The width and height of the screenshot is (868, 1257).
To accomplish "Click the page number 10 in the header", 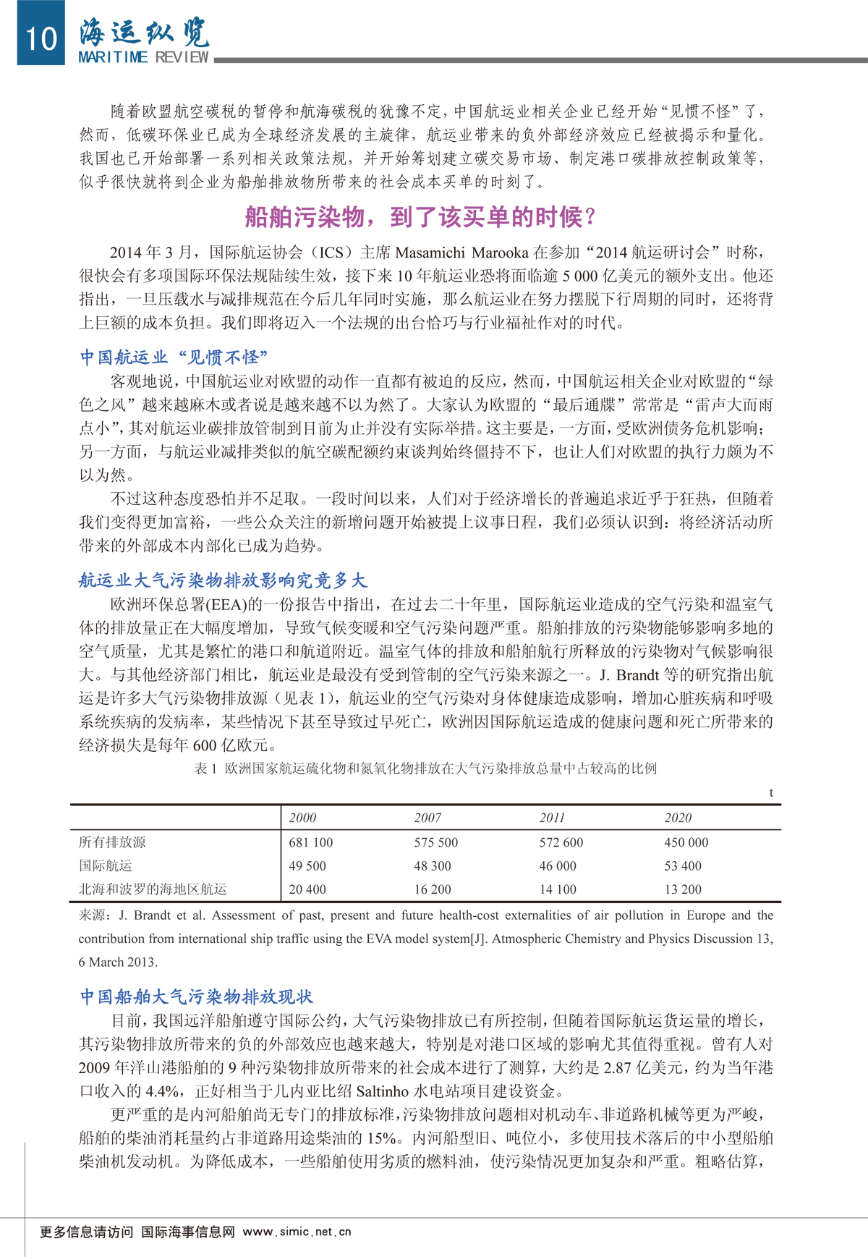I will point(41,37).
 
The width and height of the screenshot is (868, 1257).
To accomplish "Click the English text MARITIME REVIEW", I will point(143,57).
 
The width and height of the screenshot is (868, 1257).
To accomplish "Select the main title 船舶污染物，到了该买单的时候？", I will point(422,216).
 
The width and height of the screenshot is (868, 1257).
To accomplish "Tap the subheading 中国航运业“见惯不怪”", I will point(174,357).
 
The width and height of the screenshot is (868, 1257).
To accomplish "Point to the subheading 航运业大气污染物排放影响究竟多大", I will point(223,580).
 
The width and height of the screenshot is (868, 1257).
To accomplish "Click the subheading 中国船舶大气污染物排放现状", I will point(196,996).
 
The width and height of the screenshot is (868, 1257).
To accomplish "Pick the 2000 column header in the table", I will point(302,818).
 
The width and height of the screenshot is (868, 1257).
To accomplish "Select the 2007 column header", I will point(427,818).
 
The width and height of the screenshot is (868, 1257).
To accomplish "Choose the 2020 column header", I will point(678,818).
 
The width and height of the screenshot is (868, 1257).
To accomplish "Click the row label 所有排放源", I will point(112,842).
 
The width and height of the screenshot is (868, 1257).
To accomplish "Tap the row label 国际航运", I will point(106,865).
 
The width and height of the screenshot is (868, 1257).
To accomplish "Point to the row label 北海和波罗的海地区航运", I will point(153,889).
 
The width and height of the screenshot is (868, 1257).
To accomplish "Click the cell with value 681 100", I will point(311,842).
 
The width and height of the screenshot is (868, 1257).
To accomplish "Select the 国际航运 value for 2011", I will point(558,865).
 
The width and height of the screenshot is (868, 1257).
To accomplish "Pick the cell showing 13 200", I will point(683,889).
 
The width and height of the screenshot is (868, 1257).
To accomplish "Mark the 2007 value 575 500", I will point(436,842).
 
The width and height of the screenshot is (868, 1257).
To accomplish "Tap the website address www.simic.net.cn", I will point(297,1232).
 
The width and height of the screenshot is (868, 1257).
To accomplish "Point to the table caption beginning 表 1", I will point(425,768).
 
